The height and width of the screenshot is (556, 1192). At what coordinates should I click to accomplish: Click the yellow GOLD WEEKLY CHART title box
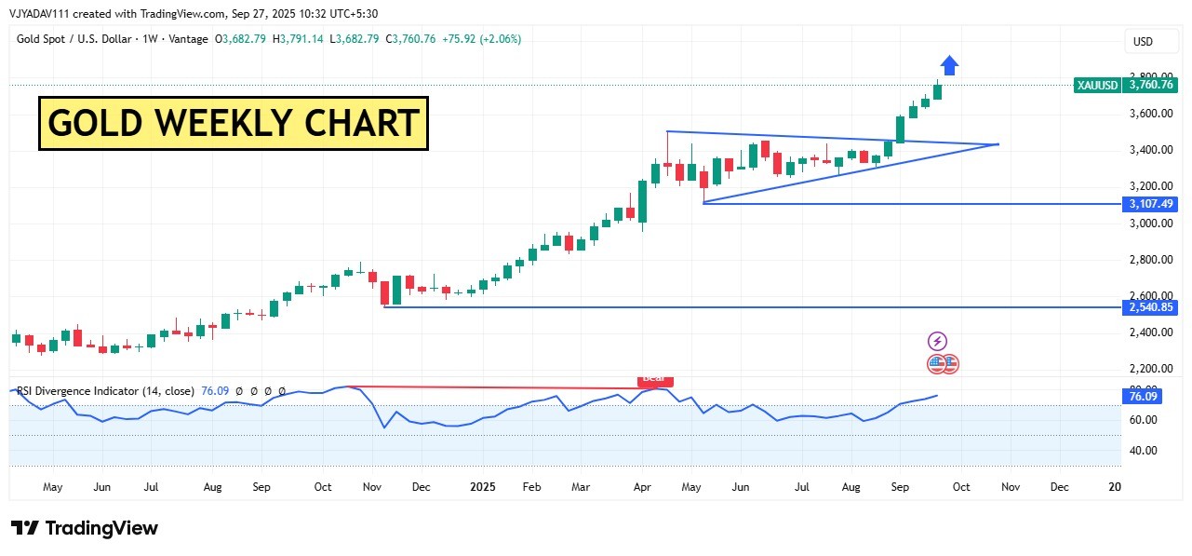[x=233, y=123]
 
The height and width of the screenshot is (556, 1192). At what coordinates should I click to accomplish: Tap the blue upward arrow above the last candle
[x=948, y=65]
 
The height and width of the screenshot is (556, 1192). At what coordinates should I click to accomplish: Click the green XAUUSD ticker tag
[x=1097, y=85]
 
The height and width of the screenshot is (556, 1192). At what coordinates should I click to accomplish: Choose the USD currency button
[x=1142, y=42]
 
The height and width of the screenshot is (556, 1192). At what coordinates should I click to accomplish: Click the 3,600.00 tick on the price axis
[x=1151, y=114]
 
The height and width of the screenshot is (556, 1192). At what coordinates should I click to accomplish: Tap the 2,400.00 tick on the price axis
[x=1151, y=332]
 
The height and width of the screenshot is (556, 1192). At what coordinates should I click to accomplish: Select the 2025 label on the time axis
[x=483, y=487]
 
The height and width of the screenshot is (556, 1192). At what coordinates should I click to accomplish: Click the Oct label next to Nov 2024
[x=323, y=487]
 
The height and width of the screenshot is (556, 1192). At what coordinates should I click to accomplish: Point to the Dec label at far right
[x=1059, y=487]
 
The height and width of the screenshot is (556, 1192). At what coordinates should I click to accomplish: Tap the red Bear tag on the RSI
[x=654, y=379]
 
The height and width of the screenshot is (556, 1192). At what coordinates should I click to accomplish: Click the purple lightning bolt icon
[x=937, y=341]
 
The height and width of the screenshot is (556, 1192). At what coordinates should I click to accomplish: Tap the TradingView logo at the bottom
[x=86, y=529]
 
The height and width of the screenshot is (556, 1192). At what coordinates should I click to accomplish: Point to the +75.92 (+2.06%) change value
[x=482, y=39]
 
